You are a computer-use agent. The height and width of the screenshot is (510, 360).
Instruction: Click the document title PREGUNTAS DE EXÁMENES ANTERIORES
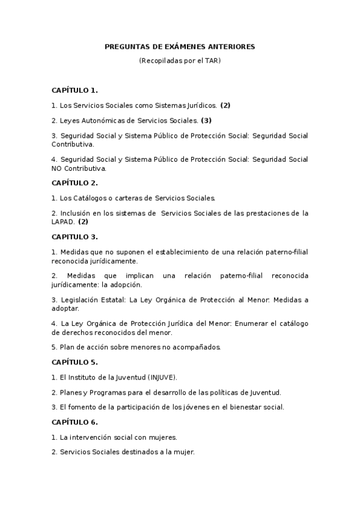(180, 46)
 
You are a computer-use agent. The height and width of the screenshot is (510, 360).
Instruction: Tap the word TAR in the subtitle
(212, 61)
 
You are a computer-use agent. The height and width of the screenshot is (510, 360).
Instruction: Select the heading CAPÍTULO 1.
(75, 90)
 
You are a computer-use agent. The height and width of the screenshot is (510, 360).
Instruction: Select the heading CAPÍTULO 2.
(75, 183)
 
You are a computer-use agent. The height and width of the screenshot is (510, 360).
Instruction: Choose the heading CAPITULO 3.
(75, 236)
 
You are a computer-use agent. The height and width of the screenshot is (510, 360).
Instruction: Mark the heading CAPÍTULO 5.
(75, 362)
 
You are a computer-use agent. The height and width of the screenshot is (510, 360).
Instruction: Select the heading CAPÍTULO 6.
(75, 422)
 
